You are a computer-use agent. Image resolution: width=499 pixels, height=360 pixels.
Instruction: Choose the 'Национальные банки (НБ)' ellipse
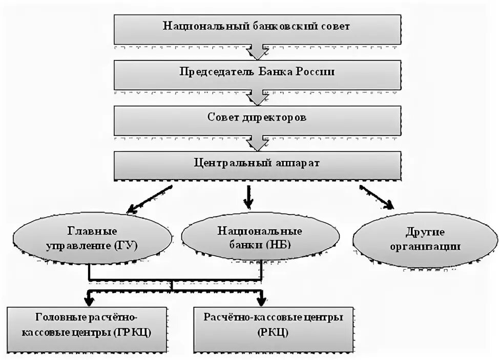pos(260,237)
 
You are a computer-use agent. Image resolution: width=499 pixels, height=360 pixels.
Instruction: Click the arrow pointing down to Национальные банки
pos(248,197)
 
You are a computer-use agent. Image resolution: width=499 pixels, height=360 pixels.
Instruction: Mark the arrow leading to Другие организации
pos(377,197)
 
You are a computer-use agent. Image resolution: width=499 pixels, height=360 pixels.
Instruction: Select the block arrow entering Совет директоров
pos(256,97)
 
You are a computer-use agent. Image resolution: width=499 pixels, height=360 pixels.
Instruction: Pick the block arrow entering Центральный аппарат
pos(256,143)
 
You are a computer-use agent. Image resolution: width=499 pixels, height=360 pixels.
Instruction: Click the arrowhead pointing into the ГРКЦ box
pos(90,299)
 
